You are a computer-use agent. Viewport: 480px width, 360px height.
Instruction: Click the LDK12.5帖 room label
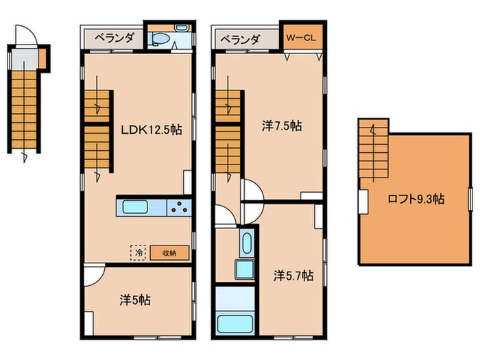click(152, 130)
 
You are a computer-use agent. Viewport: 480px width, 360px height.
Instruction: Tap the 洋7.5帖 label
click(282, 125)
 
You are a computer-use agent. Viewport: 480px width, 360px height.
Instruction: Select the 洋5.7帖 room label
click(293, 276)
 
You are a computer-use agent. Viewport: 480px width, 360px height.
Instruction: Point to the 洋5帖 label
click(135, 300)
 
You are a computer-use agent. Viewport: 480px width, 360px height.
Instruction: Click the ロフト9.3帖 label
click(416, 200)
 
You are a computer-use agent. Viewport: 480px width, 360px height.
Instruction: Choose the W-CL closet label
click(301, 38)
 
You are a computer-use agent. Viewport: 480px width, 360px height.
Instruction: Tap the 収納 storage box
click(169, 253)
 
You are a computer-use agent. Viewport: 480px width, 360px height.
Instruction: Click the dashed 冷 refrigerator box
click(138, 253)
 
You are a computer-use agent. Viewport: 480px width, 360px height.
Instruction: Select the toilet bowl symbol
click(160, 39)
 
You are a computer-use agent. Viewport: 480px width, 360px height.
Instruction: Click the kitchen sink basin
click(136, 207)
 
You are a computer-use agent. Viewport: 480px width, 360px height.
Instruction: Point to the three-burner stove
click(180, 208)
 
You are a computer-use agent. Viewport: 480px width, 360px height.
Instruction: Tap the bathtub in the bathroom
click(235, 324)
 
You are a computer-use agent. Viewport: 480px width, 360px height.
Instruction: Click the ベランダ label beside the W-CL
click(241, 40)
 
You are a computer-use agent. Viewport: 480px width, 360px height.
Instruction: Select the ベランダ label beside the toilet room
click(114, 38)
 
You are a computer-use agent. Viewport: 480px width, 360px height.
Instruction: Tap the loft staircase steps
click(374, 149)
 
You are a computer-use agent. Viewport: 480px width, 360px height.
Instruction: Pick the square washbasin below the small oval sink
click(245, 269)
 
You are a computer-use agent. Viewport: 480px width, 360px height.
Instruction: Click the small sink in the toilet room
click(181, 27)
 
